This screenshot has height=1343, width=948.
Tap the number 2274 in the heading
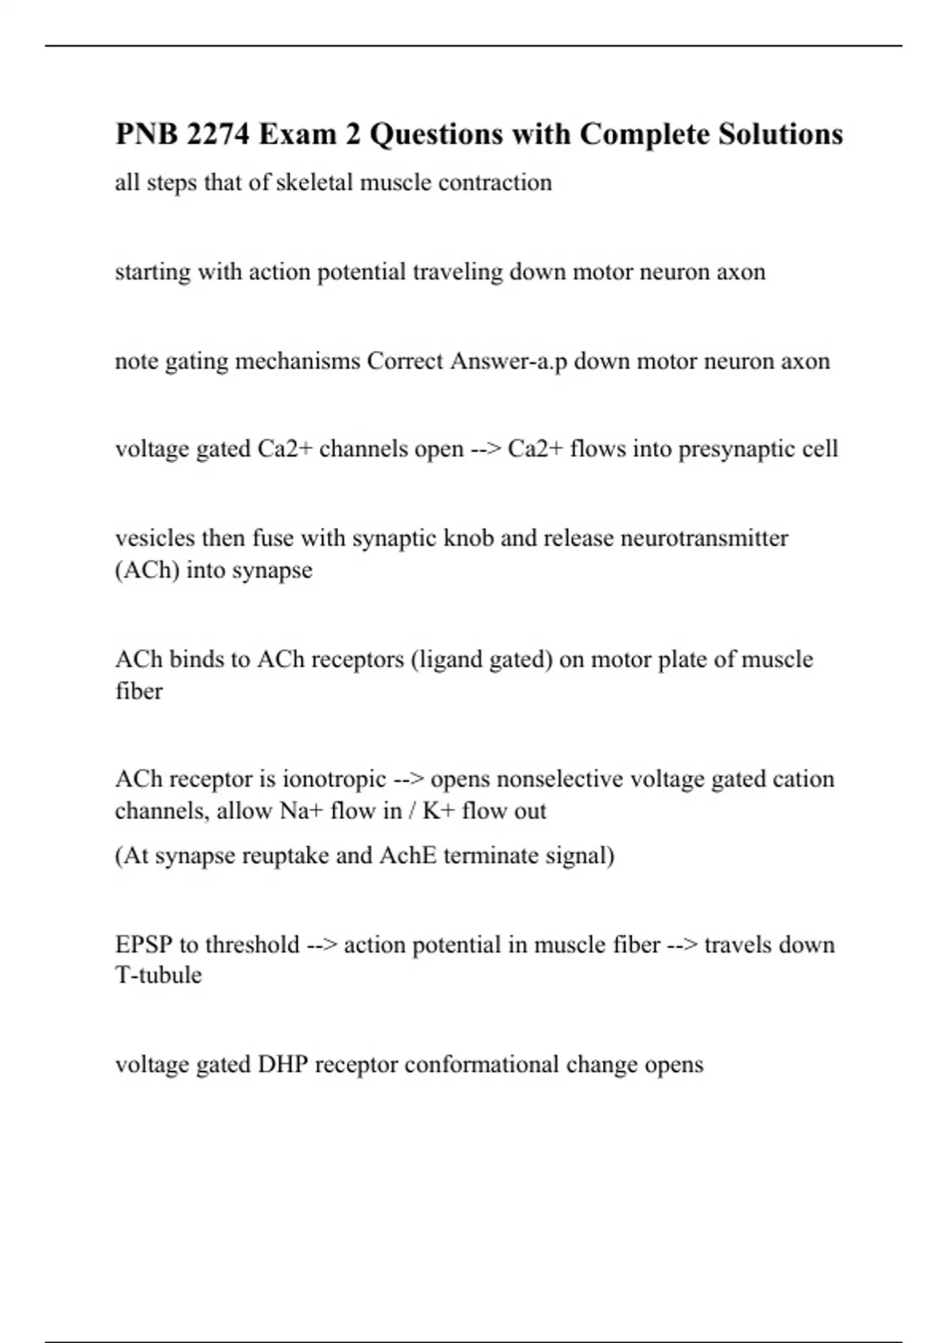pyautogui.click(x=217, y=134)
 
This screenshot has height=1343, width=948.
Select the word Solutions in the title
pyautogui.click(x=781, y=134)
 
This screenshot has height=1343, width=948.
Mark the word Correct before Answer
pyautogui.click(x=405, y=361)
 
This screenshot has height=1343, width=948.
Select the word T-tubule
pyautogui.click(x=158, y=976)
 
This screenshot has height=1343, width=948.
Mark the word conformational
pyautogui.click(x=481, y=1065)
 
